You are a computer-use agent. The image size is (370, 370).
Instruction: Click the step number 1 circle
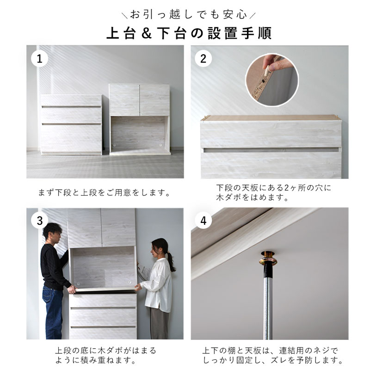point(39,59)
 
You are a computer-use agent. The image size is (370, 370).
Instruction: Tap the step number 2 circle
point(203,59)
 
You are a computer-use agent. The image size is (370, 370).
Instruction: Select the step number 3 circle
point(39,221)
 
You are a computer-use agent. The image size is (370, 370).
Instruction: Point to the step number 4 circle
point(203,221)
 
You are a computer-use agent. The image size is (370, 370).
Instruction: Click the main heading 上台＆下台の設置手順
point(189,33)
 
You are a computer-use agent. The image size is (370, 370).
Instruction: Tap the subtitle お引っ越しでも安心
point(188,15)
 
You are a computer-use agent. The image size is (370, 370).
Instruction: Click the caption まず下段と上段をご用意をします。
point(104,193)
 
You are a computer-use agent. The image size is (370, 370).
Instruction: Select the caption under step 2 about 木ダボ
point(274,192)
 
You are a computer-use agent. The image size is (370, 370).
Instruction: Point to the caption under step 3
point(105,355)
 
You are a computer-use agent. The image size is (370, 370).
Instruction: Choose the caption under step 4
point(273,355)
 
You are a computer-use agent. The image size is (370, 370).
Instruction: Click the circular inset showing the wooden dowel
point(272,80)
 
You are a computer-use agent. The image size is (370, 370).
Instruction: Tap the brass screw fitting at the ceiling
point(268,258)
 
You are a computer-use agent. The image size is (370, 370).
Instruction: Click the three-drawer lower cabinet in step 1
point(71,124)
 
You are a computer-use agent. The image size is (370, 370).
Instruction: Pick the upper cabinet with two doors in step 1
point(140,119)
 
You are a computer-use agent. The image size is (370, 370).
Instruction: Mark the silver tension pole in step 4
point(268,302)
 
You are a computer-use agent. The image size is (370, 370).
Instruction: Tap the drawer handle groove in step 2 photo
point(271,150)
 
